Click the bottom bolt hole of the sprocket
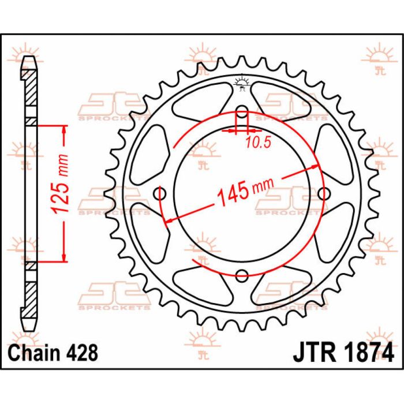[x=242, y=276]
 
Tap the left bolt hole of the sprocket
[x=159, y=193]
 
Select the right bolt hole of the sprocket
[x=324, y=193]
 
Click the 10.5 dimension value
[x=259, y=143]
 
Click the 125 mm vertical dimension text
[x=61, y=184]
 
